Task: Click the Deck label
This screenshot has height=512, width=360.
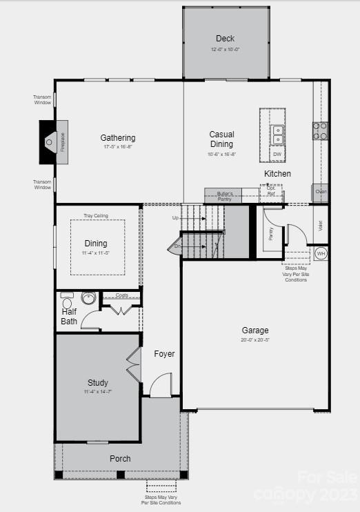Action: coord(225,39)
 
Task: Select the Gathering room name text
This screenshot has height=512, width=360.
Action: coord(118,137)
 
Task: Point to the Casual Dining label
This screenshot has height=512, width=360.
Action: coord(222,139)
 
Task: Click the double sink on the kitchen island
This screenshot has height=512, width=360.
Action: coord(277,135)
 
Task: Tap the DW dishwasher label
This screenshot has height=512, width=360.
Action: coord(277,154)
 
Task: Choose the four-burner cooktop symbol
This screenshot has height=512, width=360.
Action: coord(320,131)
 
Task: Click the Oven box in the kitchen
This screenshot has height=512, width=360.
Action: coord(321,191)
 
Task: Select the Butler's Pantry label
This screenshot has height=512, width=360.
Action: coord(225,195)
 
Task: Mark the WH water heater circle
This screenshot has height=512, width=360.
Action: coord(321,254)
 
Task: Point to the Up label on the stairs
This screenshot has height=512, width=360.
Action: coord(176,218)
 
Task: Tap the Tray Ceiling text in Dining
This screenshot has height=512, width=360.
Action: coord(96,215)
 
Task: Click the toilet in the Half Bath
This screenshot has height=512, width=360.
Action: coord(67,302)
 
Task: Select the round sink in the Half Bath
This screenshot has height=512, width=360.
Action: coord(88,298)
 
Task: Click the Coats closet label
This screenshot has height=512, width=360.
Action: coord(122,295)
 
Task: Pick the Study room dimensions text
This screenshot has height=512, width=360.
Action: coord(98,392)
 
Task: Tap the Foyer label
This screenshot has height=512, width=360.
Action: coord(164,354)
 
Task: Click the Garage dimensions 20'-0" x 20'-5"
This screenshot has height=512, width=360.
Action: coord(255,339)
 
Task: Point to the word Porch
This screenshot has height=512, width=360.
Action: coord(120,458)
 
